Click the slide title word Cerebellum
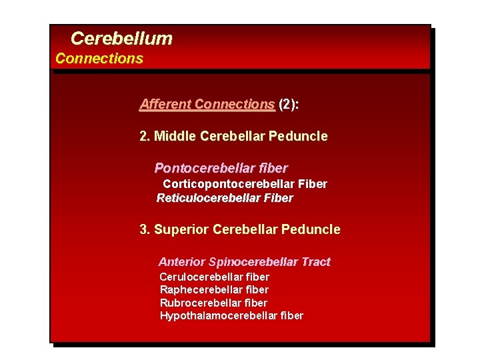tap(121, 39)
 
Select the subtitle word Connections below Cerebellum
tap(99, 58)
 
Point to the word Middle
tap(175, 136)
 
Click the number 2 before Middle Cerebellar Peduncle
tap(143, 136)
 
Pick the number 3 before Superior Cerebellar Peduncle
tap(143, 229)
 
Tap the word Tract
tap(315, 262)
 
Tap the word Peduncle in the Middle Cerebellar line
tap(298, 136)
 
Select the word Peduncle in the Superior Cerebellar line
tap(311, 229)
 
